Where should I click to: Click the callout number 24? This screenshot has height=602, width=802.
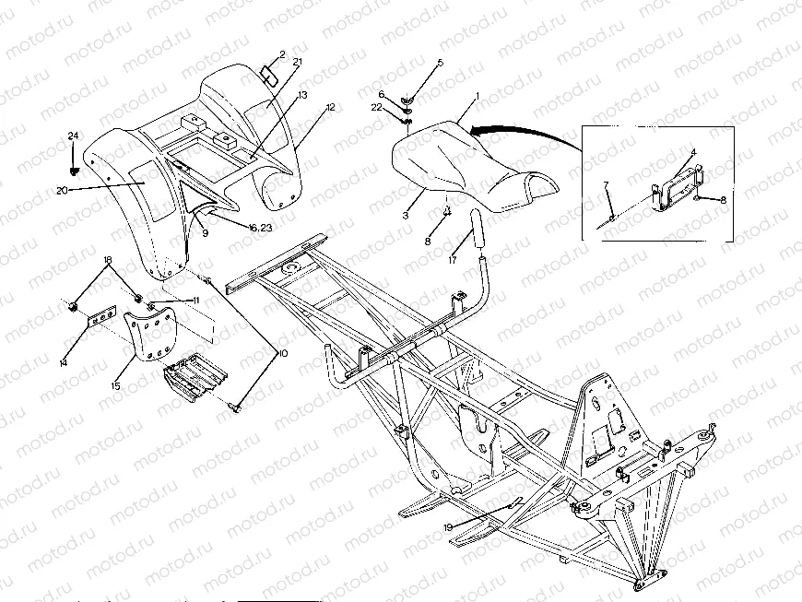point(73,136)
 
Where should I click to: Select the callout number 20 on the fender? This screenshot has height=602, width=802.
point(62,189)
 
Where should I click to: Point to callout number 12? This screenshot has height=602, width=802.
point(330,109)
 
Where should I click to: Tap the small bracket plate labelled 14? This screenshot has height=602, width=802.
point(99,322)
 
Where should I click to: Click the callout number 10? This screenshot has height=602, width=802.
point(282,352)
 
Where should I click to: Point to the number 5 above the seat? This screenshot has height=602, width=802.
point(440,62)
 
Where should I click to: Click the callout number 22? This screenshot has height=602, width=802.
point(376,108)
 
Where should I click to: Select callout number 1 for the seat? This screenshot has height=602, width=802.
point(478,96)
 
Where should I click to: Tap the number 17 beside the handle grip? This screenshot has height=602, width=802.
point(452,261)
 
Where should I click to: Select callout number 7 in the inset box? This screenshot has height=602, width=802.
point(606,187)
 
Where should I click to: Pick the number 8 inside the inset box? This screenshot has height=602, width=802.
point(723,199)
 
